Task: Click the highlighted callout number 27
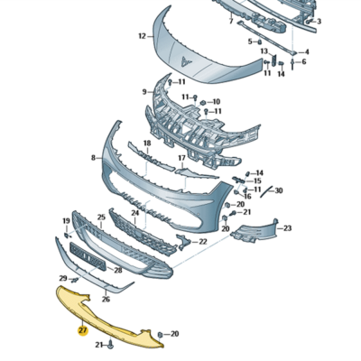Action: click(x=83, y=330)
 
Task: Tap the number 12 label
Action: click(x=142, y=36)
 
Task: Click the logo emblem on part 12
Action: click(x=184, y=61)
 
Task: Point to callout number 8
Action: click(x=93, y=158)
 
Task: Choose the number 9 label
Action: click(x=144, y=92)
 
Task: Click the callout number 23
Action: click(x=288, y=228)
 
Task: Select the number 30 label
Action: click(x=279, y=190)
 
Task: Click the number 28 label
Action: click(x=118, y=271)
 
